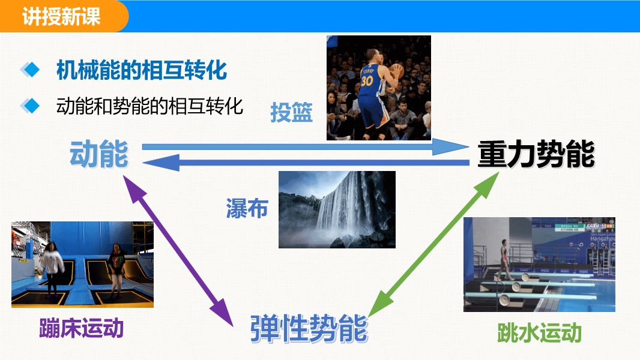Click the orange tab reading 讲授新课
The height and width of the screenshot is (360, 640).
[61, 16]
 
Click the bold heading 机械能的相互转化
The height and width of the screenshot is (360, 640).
[141, 70]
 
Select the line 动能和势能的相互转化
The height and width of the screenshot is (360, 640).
[149, 106]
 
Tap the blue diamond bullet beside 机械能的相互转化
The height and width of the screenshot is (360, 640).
[30, 70]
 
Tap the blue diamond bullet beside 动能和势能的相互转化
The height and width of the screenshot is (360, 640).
[30, 106]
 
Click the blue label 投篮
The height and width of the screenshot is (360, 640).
[291, 112]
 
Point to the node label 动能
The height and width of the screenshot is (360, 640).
[99, 154]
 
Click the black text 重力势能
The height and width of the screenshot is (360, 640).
[536, 154]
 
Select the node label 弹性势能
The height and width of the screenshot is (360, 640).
[309, 329]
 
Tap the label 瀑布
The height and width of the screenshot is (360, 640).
[247, 208]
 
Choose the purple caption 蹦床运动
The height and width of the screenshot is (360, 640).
[81, 328]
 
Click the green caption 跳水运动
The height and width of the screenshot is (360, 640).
[539, 332]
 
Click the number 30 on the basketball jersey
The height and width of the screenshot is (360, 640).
[367, 80]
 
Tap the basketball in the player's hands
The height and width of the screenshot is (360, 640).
[396, 71]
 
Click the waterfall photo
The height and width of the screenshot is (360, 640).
[337, 209]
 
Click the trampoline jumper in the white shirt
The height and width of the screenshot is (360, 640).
[52, 267]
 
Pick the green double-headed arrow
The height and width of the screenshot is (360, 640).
[433, 244]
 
